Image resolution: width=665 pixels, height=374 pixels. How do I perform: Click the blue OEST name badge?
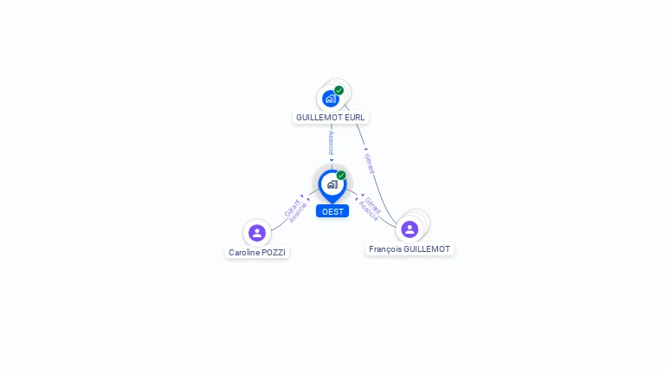(332, 211)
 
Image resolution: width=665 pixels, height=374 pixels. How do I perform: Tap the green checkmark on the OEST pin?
(341, 175)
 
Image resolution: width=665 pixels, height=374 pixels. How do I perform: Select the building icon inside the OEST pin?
(332, 184)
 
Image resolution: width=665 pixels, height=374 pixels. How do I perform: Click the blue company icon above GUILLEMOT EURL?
(331, 99)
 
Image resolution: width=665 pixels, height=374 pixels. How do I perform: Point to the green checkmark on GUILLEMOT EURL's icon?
(339, 90)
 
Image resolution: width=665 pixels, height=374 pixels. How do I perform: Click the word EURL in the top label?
(354, 118)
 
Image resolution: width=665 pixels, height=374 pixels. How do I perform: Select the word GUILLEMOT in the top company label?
(320, 118)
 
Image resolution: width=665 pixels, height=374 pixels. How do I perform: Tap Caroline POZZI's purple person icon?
(257, 233)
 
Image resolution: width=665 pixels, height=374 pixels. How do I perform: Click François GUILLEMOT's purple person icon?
(410, 229)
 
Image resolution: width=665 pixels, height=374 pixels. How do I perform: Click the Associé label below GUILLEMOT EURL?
(332, 144)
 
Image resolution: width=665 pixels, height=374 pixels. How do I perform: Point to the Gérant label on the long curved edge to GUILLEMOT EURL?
(370, 164)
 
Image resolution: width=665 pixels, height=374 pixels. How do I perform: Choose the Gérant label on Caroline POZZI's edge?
(291, 208)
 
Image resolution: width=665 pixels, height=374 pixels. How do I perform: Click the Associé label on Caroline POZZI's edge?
(298, 213)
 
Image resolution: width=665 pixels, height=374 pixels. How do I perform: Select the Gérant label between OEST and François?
(373, 205)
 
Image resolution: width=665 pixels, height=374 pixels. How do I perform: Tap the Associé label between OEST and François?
(368, 211)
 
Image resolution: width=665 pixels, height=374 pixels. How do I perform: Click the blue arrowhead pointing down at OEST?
(332, 160)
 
